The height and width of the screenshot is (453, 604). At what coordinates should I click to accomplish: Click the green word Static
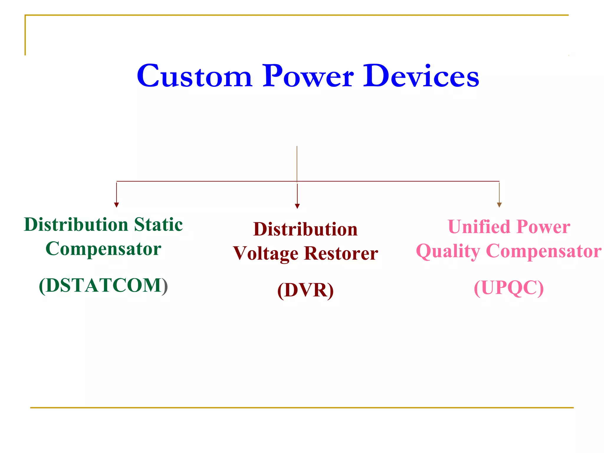coord(158,225)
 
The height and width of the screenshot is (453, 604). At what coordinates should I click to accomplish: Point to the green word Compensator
coord(103,249)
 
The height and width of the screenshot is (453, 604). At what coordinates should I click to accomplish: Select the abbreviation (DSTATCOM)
coord(103,285)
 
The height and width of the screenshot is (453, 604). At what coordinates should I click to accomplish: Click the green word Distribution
coord(76,225)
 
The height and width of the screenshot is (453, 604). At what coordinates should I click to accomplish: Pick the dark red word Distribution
coord(305,229)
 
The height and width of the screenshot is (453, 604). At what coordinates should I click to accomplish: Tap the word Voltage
coord(266,254)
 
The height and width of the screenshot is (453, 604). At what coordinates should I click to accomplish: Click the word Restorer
coord(341,254)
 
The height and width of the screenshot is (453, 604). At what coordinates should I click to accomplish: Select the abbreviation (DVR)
coord(305,290)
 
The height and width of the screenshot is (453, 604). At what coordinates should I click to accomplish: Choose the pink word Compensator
coord(544,251)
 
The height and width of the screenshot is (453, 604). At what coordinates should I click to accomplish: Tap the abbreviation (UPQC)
coord(509,288)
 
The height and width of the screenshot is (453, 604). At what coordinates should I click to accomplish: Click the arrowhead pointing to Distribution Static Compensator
coord(116,205)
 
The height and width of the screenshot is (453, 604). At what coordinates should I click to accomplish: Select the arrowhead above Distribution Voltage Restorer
coord(297,206)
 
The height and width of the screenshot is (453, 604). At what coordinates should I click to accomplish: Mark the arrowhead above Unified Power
coord(499,205)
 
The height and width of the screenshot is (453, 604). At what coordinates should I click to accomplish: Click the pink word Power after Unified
coord(544,227)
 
